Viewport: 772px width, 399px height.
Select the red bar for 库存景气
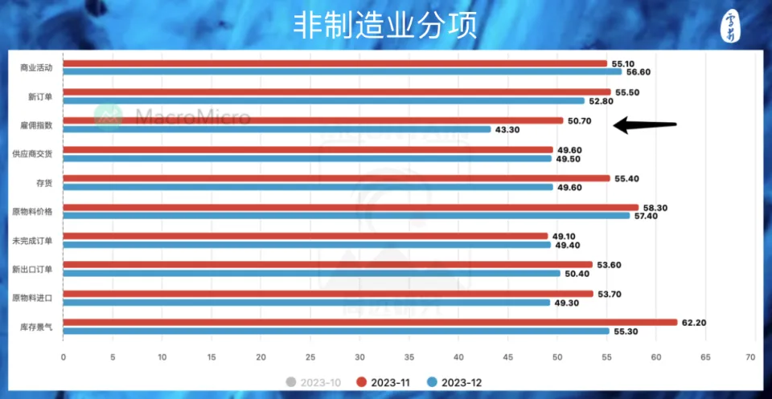[370, 322]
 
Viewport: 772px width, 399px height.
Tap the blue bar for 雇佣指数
[277, 129]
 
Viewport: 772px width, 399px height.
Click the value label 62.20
[695, 322]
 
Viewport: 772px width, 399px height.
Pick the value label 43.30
[508, 129]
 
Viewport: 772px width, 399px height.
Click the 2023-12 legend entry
[454, 381]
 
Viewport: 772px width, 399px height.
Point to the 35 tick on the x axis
[409, 356]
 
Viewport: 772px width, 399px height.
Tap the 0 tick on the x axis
[63, 356]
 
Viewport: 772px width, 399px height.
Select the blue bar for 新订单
[323, 100]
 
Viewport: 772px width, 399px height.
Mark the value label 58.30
[656, 207]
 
